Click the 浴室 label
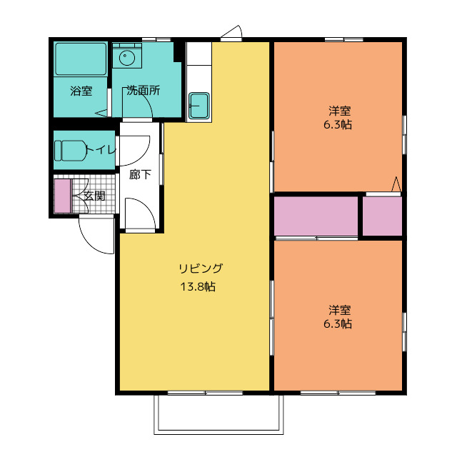click(81, 91)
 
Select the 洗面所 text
click(143, 91)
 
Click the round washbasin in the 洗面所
click(127, 56)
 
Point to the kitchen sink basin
click(198, 105)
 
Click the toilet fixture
click(70, 150)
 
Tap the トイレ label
click(100, 150)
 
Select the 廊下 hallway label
click(140, 174)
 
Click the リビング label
click(201, 269)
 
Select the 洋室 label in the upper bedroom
click(339, 111)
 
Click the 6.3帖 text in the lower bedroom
click(339, 323)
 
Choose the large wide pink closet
click(316, 216)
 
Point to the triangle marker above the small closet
click(396, 184)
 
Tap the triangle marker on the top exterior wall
click(232, 33)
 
